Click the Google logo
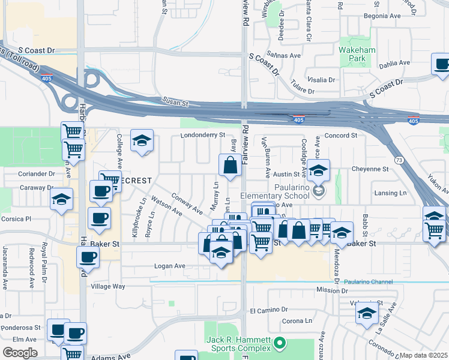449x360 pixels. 20,353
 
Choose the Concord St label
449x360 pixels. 340,136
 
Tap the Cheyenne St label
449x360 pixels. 371,169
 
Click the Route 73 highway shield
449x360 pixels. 399,160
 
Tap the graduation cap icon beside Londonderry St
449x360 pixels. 142,142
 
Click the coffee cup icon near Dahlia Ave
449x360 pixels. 442,64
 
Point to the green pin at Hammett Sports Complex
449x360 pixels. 279,343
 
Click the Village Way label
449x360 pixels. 108,287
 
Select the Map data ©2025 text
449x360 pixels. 424,356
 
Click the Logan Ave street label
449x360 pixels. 170,266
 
